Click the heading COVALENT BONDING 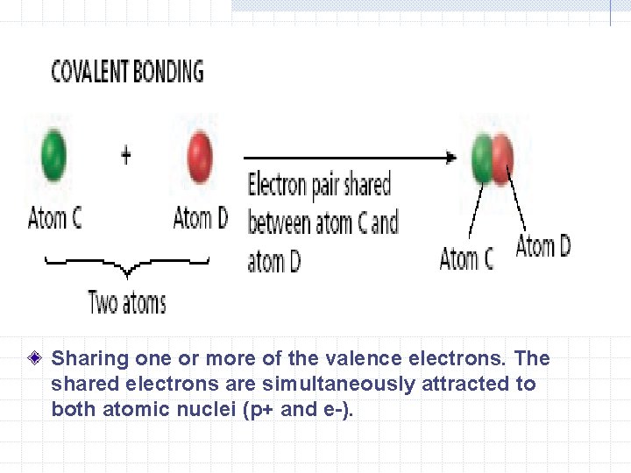point(127,72)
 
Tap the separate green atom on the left point(53,154)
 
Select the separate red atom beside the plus point(201,154)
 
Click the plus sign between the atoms point(126,156)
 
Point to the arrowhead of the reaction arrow point(450,158)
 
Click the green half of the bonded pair point(482,159)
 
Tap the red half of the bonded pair point(502,159)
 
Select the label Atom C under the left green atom point(54,217)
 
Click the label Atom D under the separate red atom point(201,217)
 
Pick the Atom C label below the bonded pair point(466,259)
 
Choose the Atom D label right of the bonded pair point(543,246)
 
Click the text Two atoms point(127,303)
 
